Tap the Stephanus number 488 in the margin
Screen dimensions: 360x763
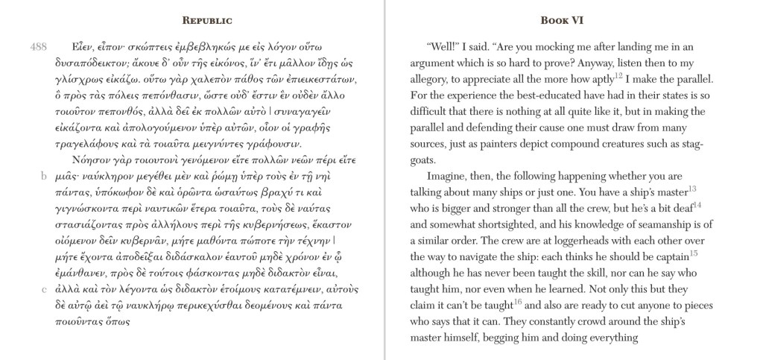[39, 46]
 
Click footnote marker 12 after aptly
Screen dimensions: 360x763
[619, 75]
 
